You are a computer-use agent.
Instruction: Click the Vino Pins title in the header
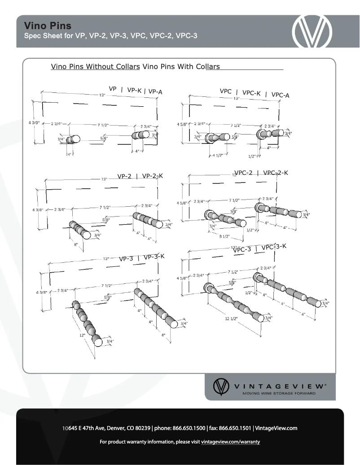point(48,26)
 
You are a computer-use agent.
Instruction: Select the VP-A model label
point(155,91)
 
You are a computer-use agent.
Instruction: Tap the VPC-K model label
point(251,93)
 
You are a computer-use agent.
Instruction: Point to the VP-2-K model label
point(152,176)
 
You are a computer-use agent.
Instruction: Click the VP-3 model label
point(126,259)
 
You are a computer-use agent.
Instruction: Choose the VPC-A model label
point(280,95)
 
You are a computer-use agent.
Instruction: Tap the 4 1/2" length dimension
point(218,156)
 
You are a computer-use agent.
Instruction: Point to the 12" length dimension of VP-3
point(82,335)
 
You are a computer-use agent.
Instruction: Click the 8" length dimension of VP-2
point(76,244)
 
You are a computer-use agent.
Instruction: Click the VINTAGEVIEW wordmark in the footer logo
point(279,386)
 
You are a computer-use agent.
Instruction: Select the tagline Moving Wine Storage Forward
point(279,394)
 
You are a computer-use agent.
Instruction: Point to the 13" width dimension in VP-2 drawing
point(104,179)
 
